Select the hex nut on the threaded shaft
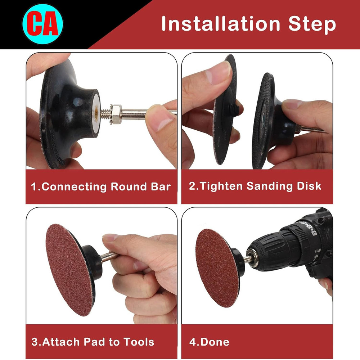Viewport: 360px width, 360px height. coord(116,112)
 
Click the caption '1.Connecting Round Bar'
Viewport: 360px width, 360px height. coord(101,187)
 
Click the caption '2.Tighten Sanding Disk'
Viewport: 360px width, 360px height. coord(255,186)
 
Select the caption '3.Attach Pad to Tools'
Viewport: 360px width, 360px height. coord(93,342)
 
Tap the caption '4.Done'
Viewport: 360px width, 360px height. coord(209,342)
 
